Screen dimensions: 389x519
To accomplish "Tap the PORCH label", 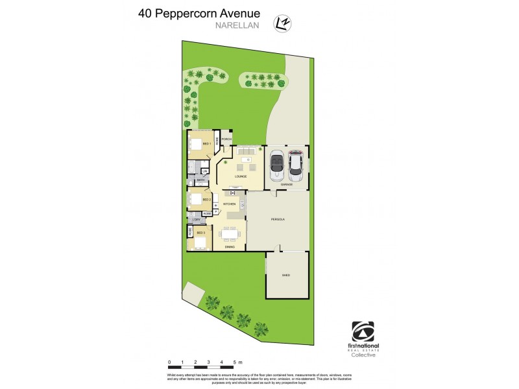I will pos(226,139).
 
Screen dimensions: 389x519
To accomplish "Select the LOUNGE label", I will pos(241,176).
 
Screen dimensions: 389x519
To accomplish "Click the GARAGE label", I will pos(286,185).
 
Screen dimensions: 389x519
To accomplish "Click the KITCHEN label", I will pos(230,204).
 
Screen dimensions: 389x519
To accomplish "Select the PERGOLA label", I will pos(278,219).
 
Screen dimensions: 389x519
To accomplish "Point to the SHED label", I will pos(285,276).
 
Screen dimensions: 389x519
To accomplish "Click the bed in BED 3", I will pos(200,243).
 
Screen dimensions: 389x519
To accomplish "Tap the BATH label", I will pos(200,180).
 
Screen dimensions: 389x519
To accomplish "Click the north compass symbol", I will pos(283,23).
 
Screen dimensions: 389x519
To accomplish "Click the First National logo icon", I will pos(362,331).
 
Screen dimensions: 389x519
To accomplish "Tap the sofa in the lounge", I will pos(247,152).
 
